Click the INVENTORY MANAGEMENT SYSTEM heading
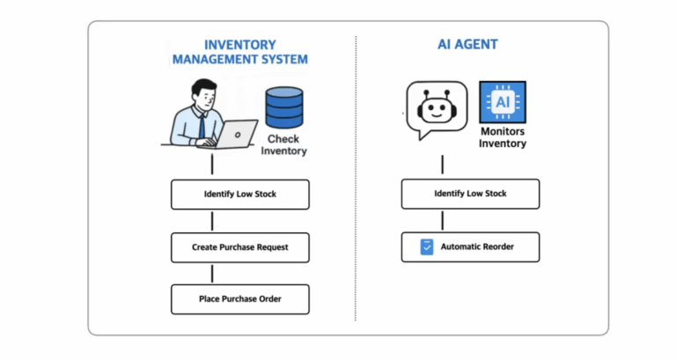pyautogui.click(x=239, y=52)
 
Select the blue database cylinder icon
pyautogui.click(x=283, y=107)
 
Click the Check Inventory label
pyautogui.click(x=283, y=144)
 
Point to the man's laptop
pyautogui.click(x=232, y=134)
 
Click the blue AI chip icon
pyautogui.click(x=502, y=104)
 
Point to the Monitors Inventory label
pyautogui.click(x=502, y=137)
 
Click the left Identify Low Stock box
pyautogui.click(x=239, y=194)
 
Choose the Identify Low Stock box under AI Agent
pyautogui.click(x=470, y=194)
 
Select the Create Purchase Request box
pyautogui.click(x=239, y=247)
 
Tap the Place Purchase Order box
pyautogui.click(x=239, y=299)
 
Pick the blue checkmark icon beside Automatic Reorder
pyautogui.click(x=429, y=247)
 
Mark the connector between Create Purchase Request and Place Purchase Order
pyautogui.click(x=212, y=274)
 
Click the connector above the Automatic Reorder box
pyautogui.click(x=443, y=221)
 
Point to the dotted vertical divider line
pyautogui.click(x=356, y=176)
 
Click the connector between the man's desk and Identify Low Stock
pyautogui.click(x=212, y=164)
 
